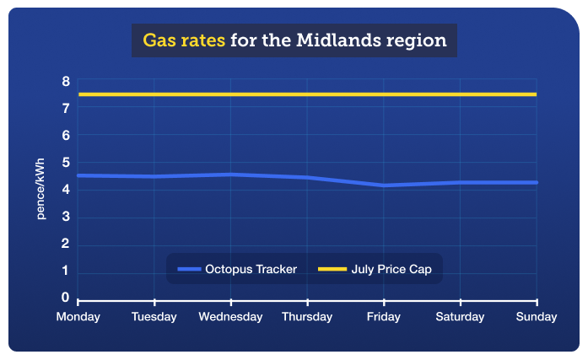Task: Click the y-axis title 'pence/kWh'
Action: point(40,190)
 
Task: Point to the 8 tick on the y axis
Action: point(65,81)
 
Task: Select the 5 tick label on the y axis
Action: point(65,163)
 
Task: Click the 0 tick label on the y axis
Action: point(65,298)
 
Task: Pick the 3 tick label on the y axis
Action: point(65,218)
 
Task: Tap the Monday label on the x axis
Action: point(78,317)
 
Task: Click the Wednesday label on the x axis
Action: point(230,317)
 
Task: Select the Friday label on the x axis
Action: point(384,317)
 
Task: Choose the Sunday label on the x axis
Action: point(537,317)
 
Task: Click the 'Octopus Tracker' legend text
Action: point(251,269)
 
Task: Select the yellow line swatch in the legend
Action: point(331,269)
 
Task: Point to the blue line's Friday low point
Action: point(384,185)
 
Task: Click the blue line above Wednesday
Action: point(230,175)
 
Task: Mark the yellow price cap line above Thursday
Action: point(307,94)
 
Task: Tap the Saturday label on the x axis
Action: point(460,317)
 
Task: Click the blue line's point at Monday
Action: point(78,175)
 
